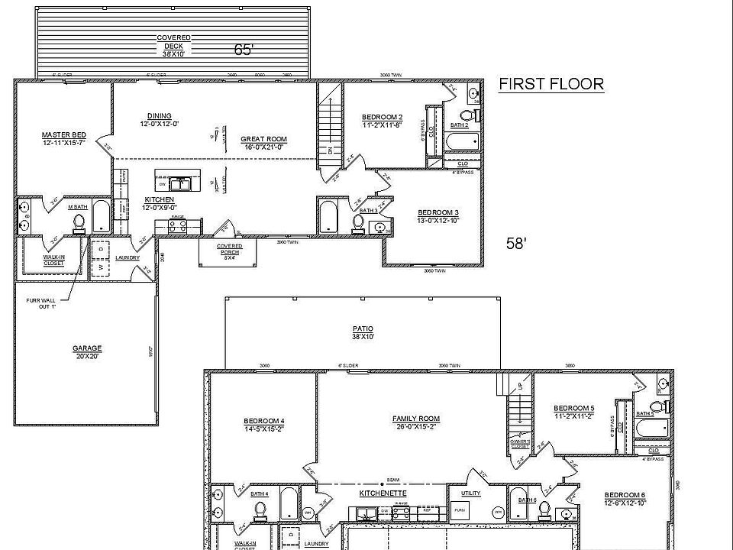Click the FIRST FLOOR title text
coord(551,84)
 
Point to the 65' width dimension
coord(244,50)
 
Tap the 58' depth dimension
coord(517,244)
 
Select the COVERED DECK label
coord(173,41)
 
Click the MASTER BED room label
coord(63,138)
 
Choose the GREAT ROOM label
coord(263,143)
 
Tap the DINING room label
coord(159,120)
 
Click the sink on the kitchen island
coord(181,183)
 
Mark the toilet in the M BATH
coord(78,222)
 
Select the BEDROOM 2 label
coord(382,121)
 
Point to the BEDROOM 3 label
coord(438,216)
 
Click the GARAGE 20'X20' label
coord(87,352)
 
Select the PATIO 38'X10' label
coord(361,332)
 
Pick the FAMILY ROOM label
coord(416,422)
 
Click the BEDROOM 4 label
coord(264,425)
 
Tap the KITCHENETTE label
coord(383,493)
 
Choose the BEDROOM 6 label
coord(624,497)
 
